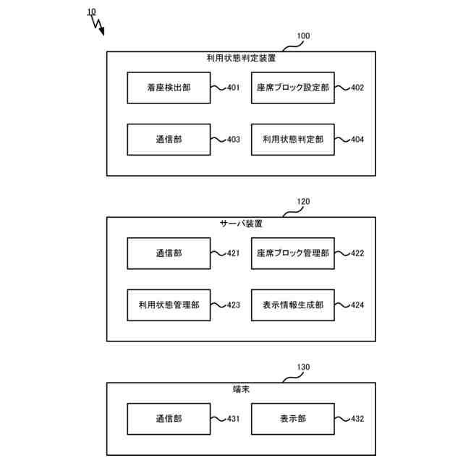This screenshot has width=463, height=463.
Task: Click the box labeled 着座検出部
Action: click(168, 88)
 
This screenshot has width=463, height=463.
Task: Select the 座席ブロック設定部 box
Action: click(292, 88)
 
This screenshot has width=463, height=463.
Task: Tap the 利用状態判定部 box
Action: click(292, 140)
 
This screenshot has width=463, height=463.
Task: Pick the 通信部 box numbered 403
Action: click(168, 140)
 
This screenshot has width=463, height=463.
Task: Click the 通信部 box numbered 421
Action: click(168, 254)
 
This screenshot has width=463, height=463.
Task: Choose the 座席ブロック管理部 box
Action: click(292, 254)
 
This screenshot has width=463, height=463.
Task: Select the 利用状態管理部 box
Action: click(168, 305)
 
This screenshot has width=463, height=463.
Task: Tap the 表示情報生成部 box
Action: click(292, 305)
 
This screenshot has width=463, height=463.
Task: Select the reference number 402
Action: click(357, 88)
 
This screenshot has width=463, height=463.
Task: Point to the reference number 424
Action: click(357, 305)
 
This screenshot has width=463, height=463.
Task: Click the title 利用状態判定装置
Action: click(241, 58)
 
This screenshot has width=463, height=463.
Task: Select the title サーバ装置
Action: click(241, 224)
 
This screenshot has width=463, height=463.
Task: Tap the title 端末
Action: click(241, 389)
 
